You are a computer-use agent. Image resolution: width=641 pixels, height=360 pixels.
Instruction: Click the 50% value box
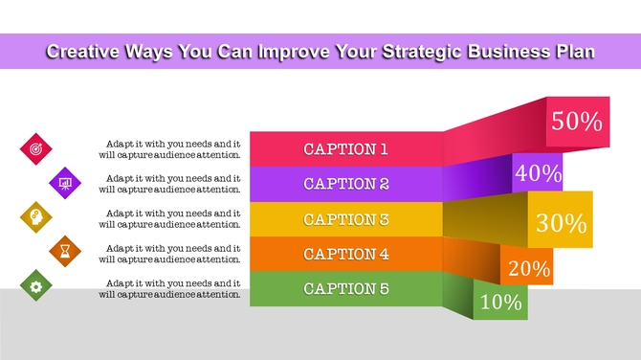[577, 122]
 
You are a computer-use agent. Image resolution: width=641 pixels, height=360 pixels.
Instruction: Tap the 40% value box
[538, 172]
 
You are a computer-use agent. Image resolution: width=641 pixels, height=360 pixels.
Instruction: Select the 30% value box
[561, 222]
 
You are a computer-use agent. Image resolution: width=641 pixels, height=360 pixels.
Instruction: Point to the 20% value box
[528, 268]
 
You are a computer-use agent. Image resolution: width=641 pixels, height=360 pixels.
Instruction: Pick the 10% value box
[500, 303]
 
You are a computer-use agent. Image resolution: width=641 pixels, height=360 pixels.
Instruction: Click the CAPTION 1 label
[345, 148]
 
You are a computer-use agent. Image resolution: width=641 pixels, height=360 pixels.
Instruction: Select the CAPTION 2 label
[345, 184]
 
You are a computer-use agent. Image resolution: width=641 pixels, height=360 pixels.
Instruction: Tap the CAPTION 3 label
[345, 219]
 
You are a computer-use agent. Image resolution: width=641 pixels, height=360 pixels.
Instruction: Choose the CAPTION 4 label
[345, 254]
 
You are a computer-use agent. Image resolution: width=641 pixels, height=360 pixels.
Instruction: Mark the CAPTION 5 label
[345, 288]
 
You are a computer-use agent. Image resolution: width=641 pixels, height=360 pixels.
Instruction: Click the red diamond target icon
[36, 148]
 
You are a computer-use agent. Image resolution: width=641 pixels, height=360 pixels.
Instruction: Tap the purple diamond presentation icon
[65, 182]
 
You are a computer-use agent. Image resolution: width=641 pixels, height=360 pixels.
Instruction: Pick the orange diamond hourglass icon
[65, 252]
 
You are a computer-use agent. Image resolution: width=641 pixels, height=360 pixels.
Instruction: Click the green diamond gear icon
[36, 286]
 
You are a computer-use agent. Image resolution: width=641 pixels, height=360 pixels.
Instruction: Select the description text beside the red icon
[172, 148]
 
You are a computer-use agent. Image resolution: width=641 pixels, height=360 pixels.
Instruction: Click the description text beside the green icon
[172, 288]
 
